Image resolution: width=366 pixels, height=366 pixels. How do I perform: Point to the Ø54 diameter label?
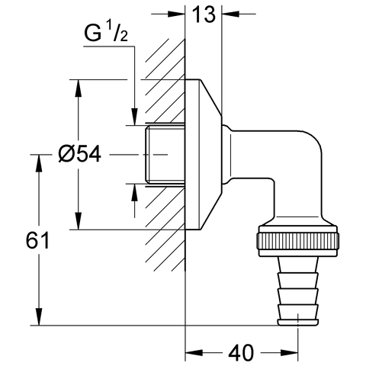79,154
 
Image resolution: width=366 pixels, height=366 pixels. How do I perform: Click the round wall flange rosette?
202,153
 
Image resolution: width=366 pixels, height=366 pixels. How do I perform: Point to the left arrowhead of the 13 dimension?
178,13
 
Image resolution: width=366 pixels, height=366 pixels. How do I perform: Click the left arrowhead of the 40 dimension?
193,352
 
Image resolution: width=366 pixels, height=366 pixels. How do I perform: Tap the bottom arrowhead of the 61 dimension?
36,319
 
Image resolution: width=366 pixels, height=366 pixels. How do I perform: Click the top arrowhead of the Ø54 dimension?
77,85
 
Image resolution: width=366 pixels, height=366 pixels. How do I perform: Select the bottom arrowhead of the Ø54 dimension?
77,222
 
